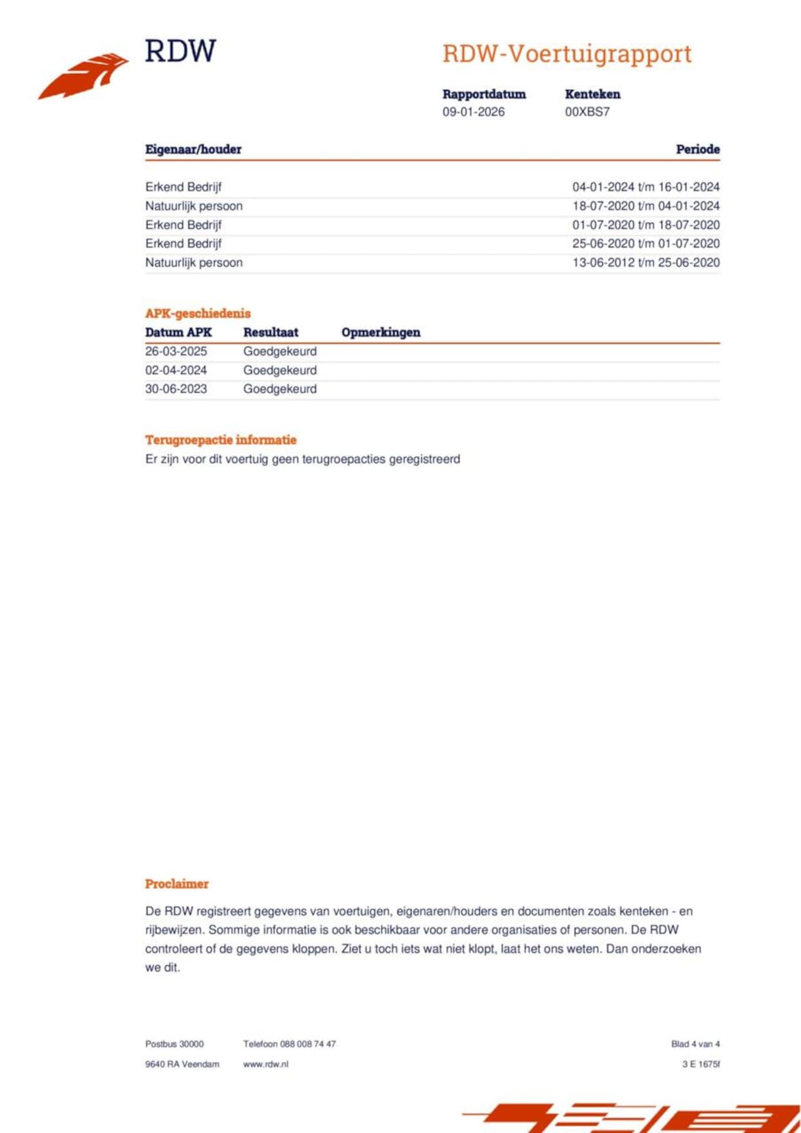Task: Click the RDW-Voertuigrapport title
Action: point(567,54)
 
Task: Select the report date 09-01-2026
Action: point(473,112)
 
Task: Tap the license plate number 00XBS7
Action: point(587,112)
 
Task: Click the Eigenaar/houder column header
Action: point(193,149)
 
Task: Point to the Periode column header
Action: point(697,149)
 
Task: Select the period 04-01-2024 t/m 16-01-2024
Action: point(645,187)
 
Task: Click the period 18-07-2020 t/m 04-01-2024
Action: point(645,206)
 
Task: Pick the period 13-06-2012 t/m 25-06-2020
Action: point(645,263)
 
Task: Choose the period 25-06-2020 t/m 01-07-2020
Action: point(645,243)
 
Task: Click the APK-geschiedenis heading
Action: point(198,313)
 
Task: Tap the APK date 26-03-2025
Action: point(176,351)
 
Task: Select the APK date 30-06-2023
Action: point(176,389)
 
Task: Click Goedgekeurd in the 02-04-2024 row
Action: point(280,370)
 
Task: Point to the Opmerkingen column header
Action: point(380,333)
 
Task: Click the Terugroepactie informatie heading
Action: point(220,440)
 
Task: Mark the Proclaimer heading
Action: point(176,884)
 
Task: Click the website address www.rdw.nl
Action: point(265,1064)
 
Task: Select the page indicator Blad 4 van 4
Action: point(695,1044)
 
